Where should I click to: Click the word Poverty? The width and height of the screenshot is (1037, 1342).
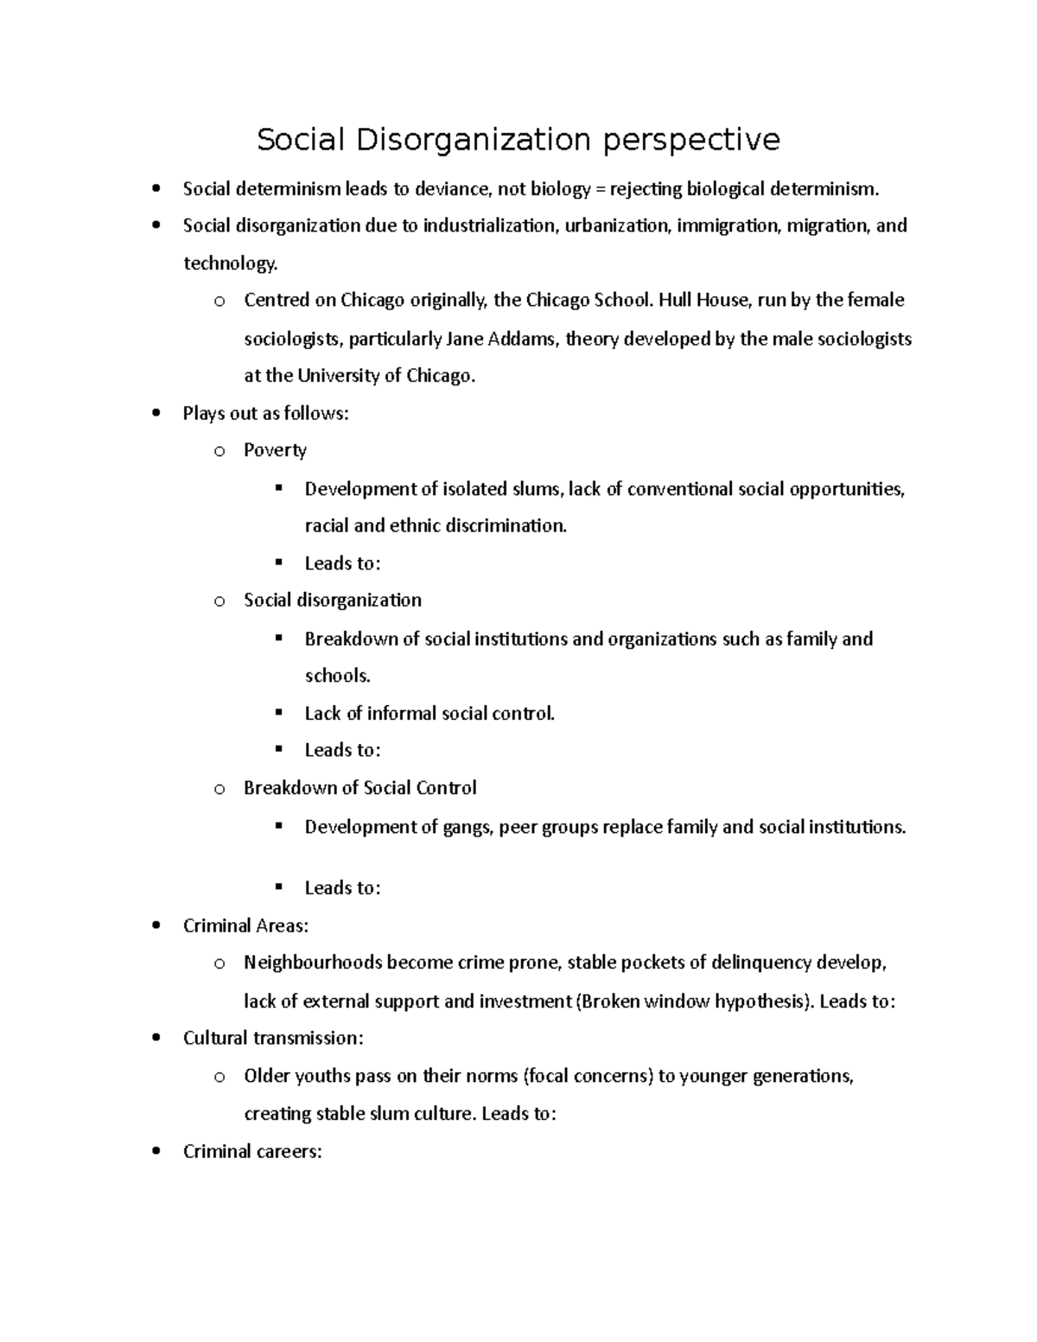[x=275, y=450]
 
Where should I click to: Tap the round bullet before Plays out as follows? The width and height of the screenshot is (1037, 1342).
[x=156, y=413]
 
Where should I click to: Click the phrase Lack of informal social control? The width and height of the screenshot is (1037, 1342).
[x=429, y=713]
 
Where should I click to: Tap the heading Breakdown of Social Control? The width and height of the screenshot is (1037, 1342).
[x=359, y=787]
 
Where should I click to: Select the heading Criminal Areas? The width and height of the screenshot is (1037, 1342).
[x=245, y=925]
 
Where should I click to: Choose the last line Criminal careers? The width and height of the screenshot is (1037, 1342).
[x=252, y=1151]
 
